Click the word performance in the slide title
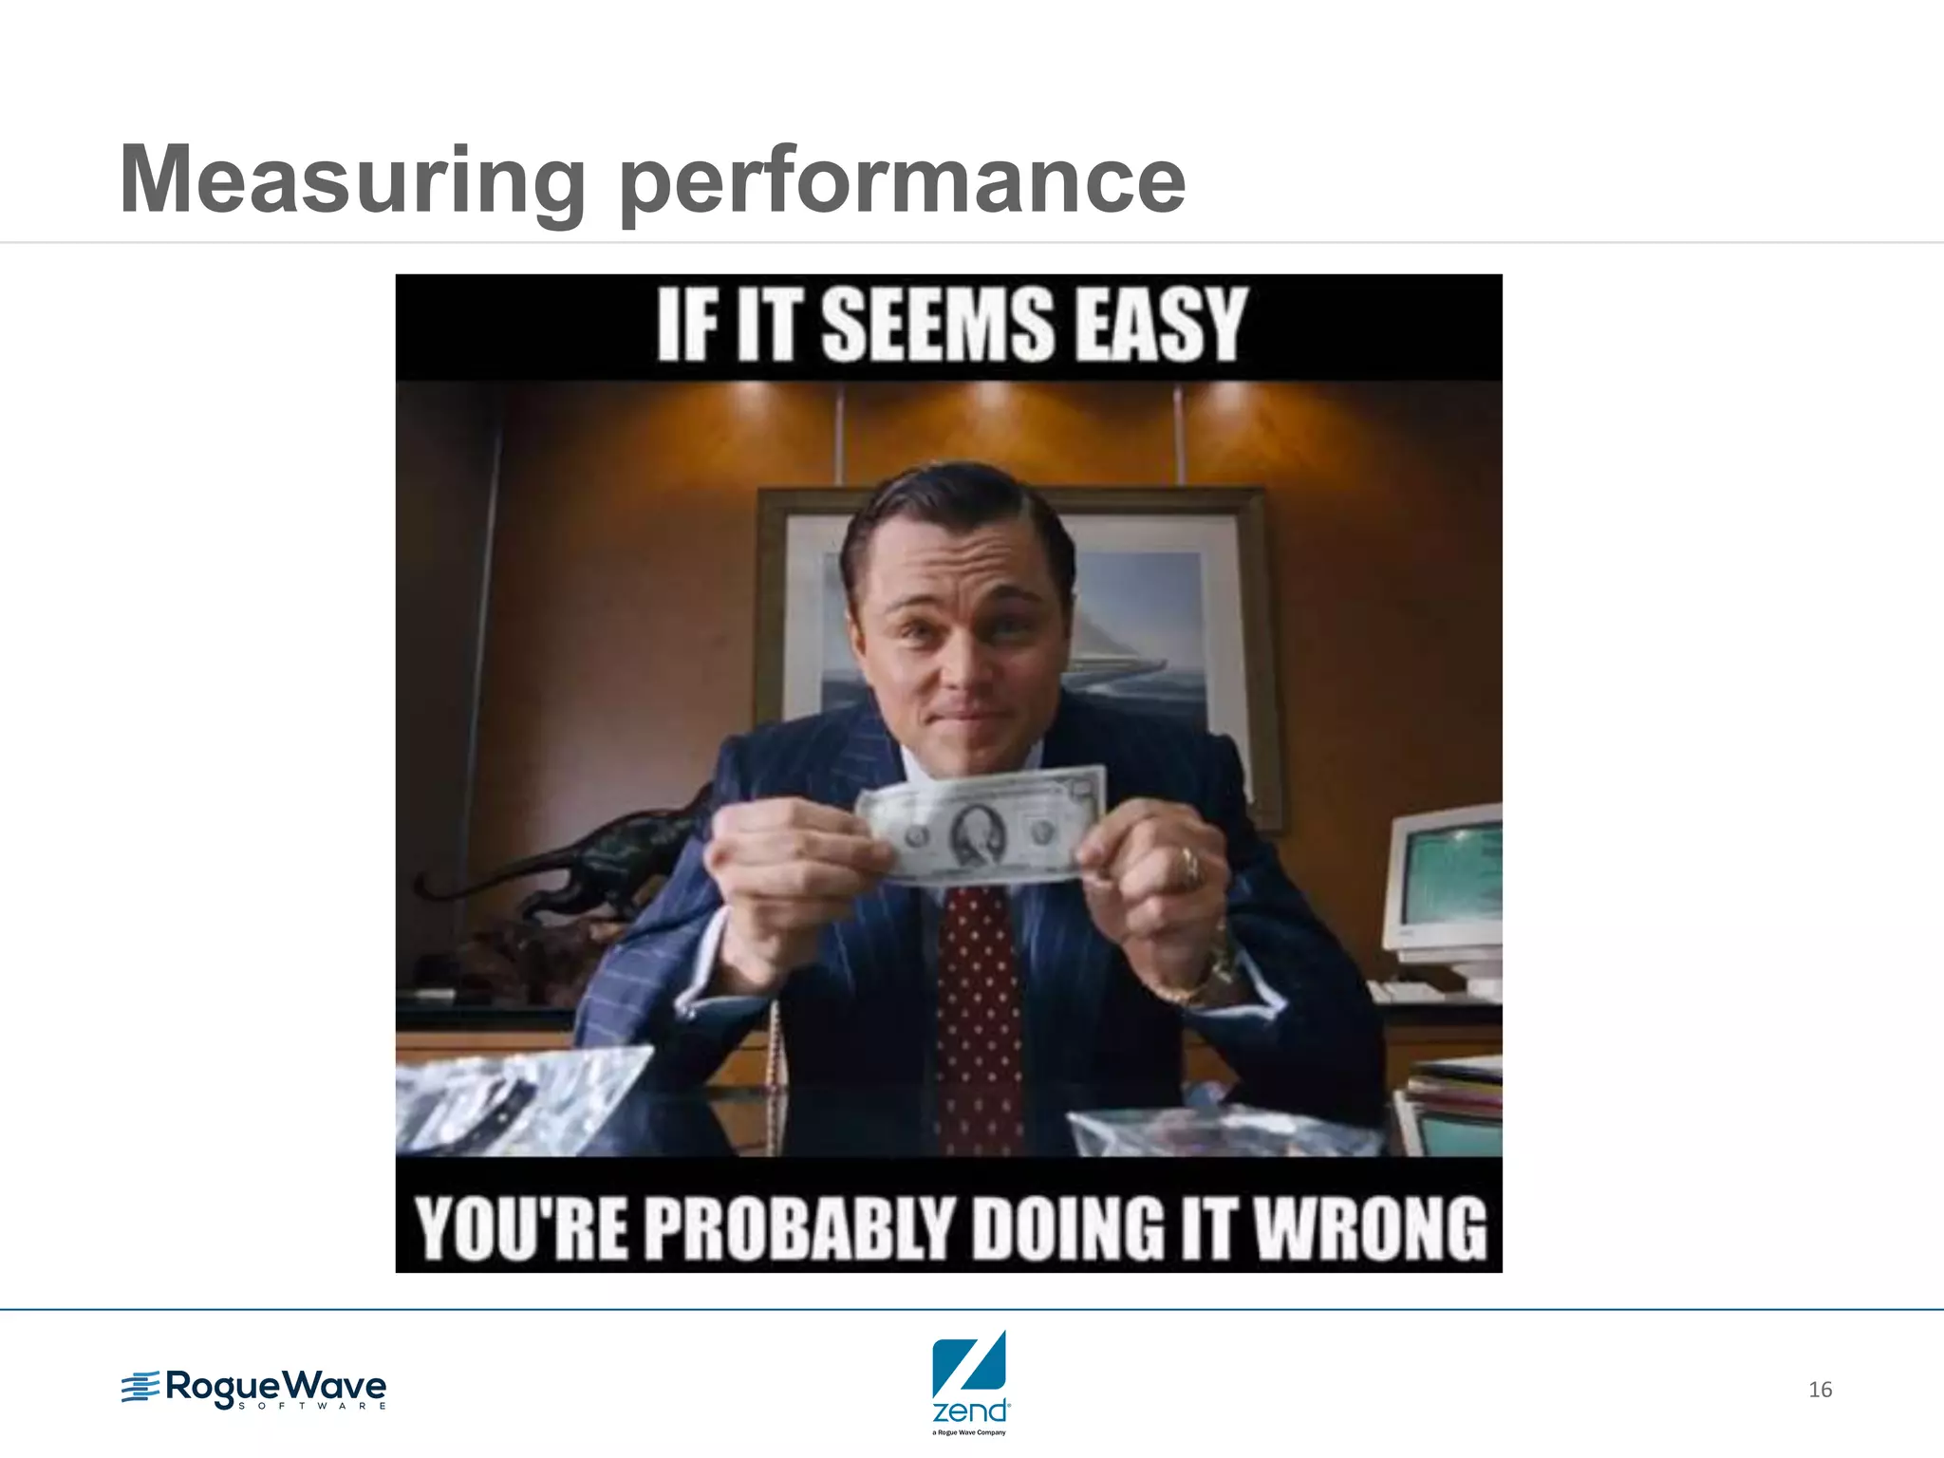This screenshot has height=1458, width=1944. (902, 180)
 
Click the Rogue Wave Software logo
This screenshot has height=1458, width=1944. (254, 1390)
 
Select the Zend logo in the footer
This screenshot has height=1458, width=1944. (969, 1381)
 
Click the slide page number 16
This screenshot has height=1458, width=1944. (1820, 1390)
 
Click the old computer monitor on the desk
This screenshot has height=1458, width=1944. (1443, 883)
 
